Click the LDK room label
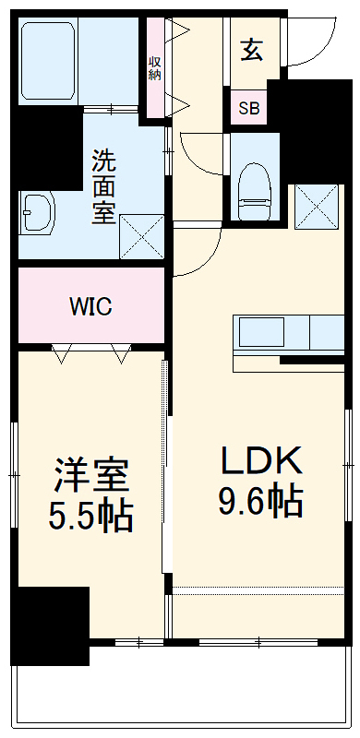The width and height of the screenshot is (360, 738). pyautogui.click(x=260, y=459)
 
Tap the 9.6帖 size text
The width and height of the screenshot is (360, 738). pyautogui.click(x=260, y=501)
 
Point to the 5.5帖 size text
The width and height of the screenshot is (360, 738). pyautogui.click(x=90, y=515)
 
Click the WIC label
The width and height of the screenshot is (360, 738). pyautogui.click(x=90, y=307)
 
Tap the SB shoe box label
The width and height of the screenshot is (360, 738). pyautogui.click(x=249, y=108)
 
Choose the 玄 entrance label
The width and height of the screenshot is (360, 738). pyautogui.click(x=252, y=50)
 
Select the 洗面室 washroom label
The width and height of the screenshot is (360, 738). pyautogui.click(x=103, y=186)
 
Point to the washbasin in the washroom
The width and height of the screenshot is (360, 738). pyautogui.click(x=37, y=215)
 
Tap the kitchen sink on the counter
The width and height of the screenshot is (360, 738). pyautogui.click(x=262, y=330)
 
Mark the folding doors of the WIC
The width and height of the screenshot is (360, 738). pyautogui.click(x=90, y=351)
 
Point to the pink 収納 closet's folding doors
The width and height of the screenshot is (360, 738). pyautogui.click(x=179, y=66)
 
